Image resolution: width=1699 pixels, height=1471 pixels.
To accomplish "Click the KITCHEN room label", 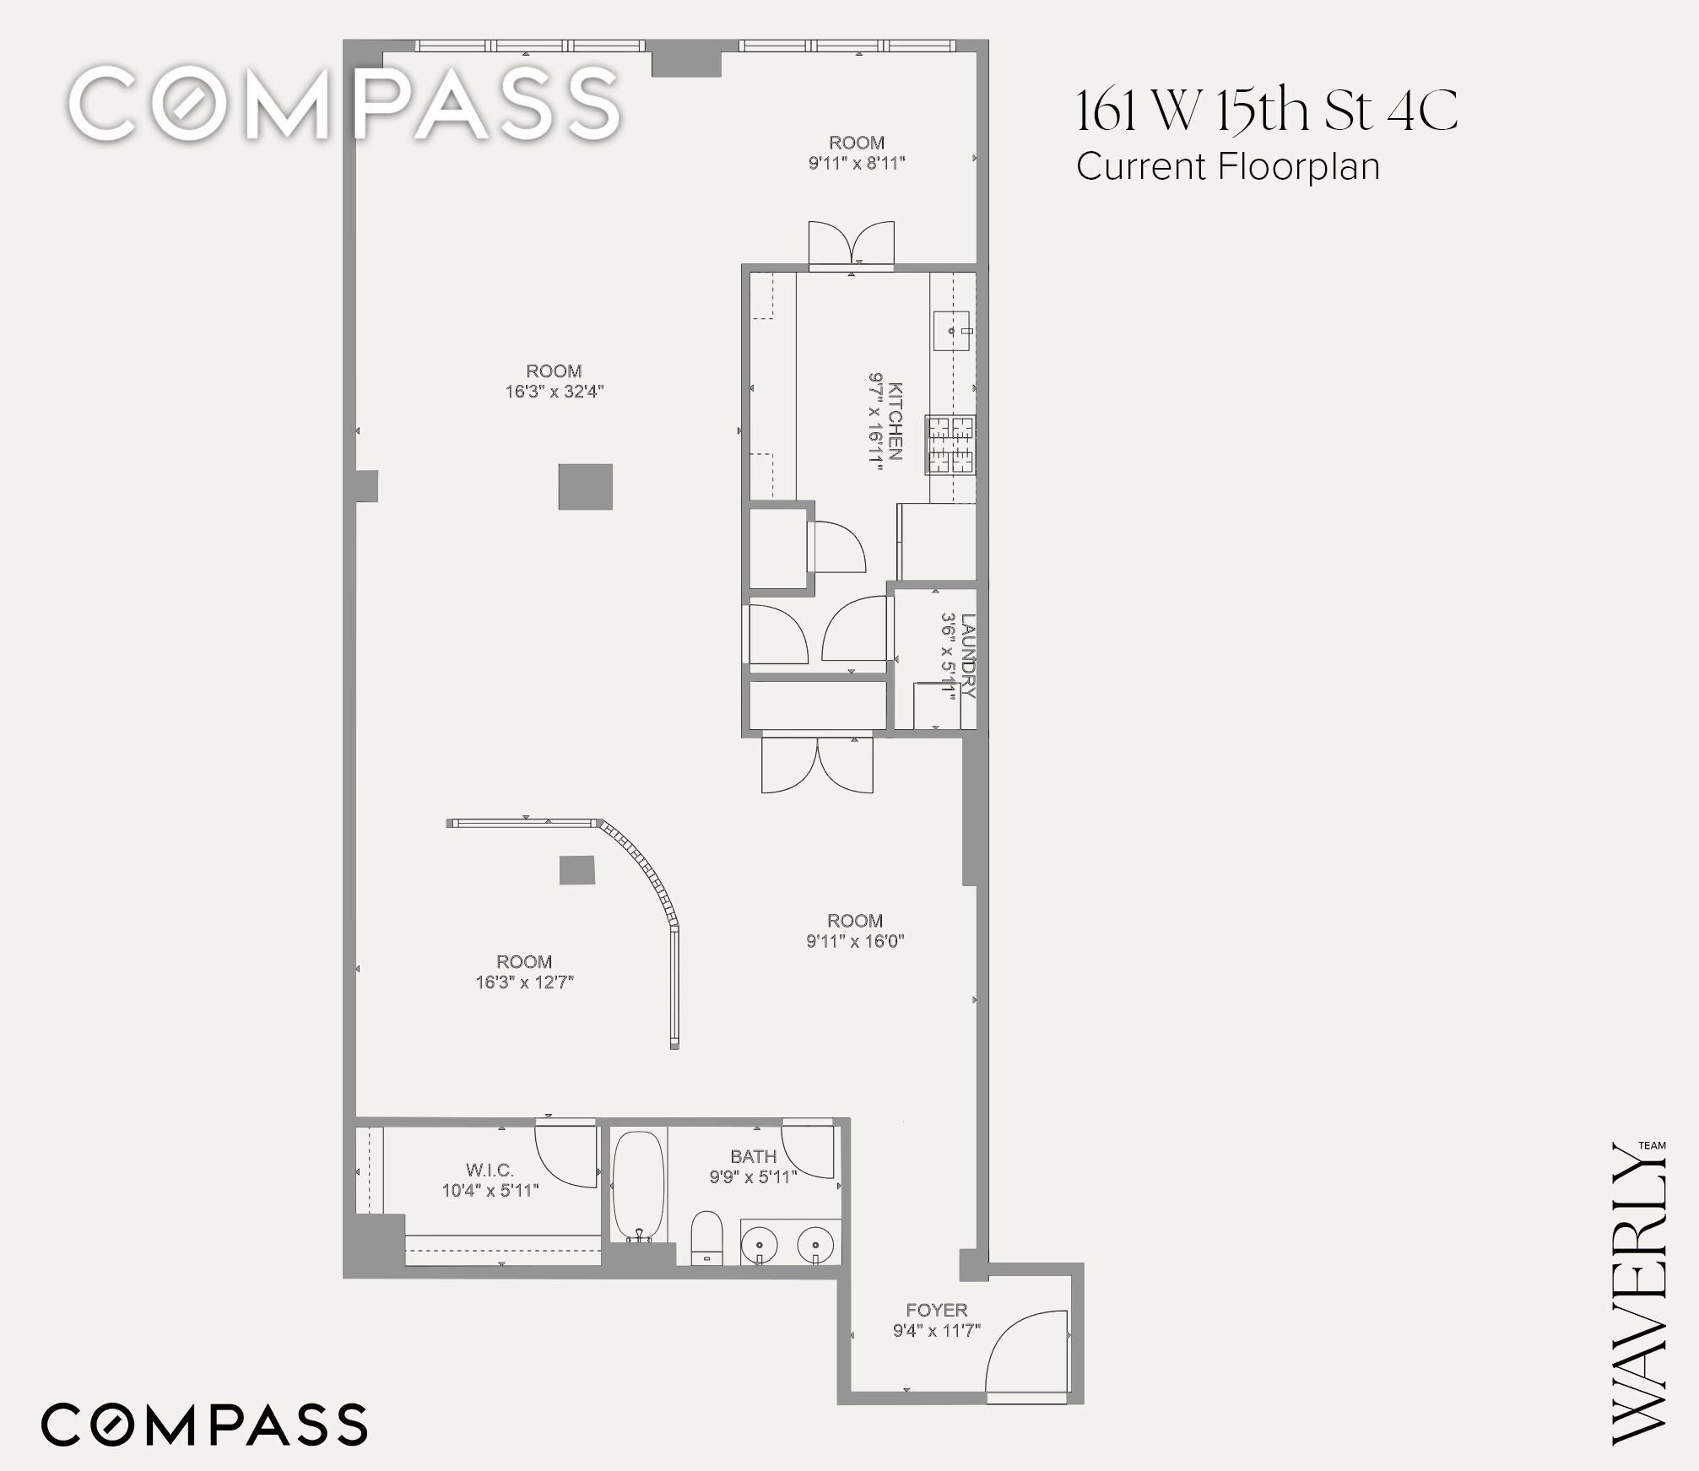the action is (895, 421).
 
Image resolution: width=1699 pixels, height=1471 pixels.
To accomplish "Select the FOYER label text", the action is (937, 1310).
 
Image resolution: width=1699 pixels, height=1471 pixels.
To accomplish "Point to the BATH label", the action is (754, 1156).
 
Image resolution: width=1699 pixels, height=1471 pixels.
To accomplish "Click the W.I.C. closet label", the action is (490, 1170).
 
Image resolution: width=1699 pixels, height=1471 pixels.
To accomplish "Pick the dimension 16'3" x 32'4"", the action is (555, 392).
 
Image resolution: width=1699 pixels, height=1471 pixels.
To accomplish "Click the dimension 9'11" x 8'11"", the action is (857, 163).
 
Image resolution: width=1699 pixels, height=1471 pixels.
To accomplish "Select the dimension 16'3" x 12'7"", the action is (524, 982).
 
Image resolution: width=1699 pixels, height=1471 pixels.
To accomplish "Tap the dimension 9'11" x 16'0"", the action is (855, 941).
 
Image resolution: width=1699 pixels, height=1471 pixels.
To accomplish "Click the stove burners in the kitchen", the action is (951, 445).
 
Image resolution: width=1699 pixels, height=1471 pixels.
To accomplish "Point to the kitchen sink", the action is (954, 331).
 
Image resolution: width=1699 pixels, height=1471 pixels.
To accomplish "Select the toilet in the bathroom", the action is (706, 1239).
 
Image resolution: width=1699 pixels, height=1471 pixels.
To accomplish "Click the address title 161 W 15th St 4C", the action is (1267, 111).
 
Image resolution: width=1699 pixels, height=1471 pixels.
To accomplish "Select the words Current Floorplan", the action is (1228, 166).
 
